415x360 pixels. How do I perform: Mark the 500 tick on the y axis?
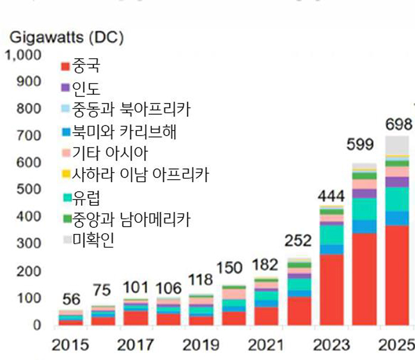coord(29,190)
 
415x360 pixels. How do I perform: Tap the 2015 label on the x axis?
coord(70,345)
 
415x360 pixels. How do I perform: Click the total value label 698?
coord(398,124)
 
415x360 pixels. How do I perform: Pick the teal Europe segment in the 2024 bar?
coord(364,209)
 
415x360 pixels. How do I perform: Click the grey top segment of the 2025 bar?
coord(397,145)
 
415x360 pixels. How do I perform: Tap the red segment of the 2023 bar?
coord(332,289)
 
